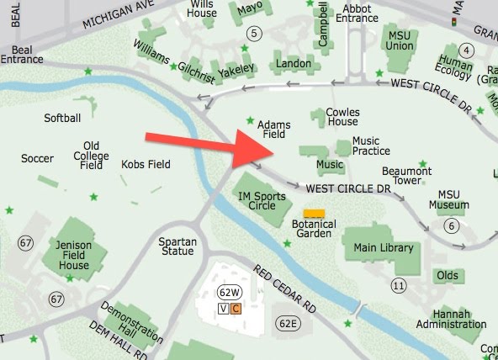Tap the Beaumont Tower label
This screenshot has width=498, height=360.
click(406, 176)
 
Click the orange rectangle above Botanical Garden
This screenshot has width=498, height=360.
click(314, 214)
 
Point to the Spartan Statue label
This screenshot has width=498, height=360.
click(177, 247)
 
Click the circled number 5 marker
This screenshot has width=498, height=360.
click(256, 33)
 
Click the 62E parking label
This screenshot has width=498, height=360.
click(289, 323)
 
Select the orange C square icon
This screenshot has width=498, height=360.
click(236, 309)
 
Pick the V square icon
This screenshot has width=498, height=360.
click(222, 309)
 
